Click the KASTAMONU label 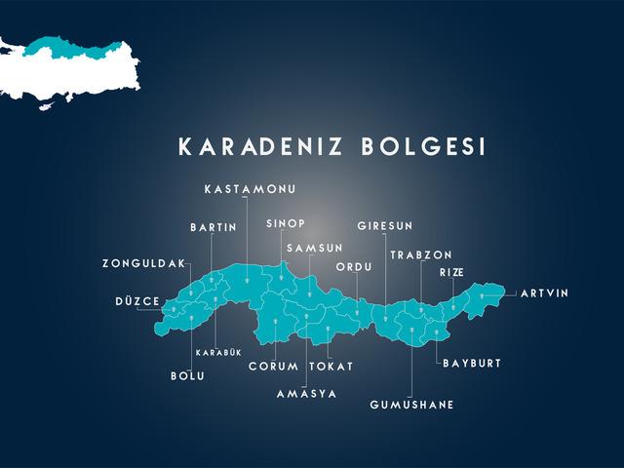click(250, 188)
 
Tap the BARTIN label click(214, 227)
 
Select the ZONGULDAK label click(142, 263)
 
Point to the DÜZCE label click(136, 301)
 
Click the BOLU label click(187, 375)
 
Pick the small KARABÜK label click(218, 352)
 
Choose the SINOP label click(286, 223)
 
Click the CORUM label click(273, 367)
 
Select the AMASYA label click(306, 394)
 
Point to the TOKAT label click(331, 367)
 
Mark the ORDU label click(354, 266)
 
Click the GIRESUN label click(385, 226)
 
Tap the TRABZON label click(421, 254)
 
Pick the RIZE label click(451, 272)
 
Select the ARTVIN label click(544, 292)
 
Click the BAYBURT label click(472, 363)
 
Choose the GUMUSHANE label click(411, 404)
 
